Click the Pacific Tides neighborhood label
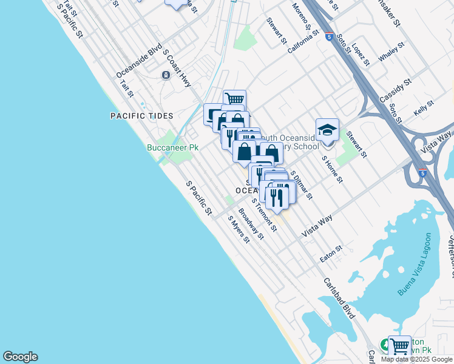click(141, 116)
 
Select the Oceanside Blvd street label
click(139, 62)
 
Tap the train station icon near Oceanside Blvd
click(165, 75)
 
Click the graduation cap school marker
click(327, 130)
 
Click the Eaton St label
click(331, 253)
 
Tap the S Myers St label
click(239, 229)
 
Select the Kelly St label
click(424, 108)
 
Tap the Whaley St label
click(391, 52)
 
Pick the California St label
click(303, 42)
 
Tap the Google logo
click(20, 357)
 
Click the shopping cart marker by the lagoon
click(399, 347)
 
